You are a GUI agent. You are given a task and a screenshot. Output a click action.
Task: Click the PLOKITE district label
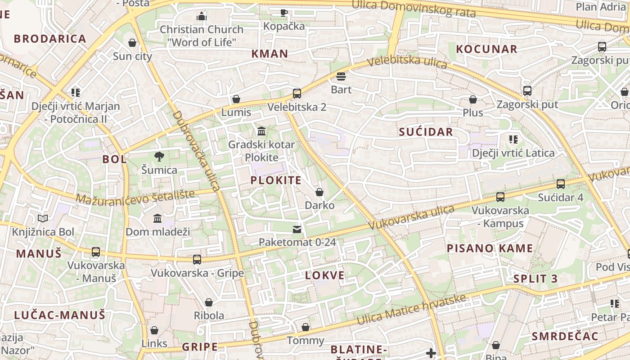276,180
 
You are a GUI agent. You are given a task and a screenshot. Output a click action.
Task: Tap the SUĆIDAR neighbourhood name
426,132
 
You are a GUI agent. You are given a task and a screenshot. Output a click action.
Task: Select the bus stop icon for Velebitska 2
297,94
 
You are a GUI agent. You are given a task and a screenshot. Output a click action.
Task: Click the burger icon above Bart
341,76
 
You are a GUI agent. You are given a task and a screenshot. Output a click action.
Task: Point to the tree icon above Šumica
159,157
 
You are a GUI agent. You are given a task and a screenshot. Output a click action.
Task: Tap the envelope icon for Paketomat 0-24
297,229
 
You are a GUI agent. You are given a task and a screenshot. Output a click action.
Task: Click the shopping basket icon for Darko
319,192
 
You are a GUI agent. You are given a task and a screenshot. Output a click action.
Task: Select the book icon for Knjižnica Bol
43,219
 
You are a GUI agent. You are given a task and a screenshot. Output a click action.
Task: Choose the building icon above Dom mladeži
157,219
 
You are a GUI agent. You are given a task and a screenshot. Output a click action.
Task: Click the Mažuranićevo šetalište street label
135,196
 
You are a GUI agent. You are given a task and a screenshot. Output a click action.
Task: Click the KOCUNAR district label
486,49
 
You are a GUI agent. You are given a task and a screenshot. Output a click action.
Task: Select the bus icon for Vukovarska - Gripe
197,260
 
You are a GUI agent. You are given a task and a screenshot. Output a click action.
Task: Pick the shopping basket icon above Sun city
132,43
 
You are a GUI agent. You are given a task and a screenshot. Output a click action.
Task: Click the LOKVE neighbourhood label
325,275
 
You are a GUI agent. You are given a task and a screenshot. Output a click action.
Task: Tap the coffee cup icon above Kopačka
284,13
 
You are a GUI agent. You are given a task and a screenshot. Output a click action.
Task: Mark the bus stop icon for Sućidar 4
561,184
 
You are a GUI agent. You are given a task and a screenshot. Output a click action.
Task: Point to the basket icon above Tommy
306,327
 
